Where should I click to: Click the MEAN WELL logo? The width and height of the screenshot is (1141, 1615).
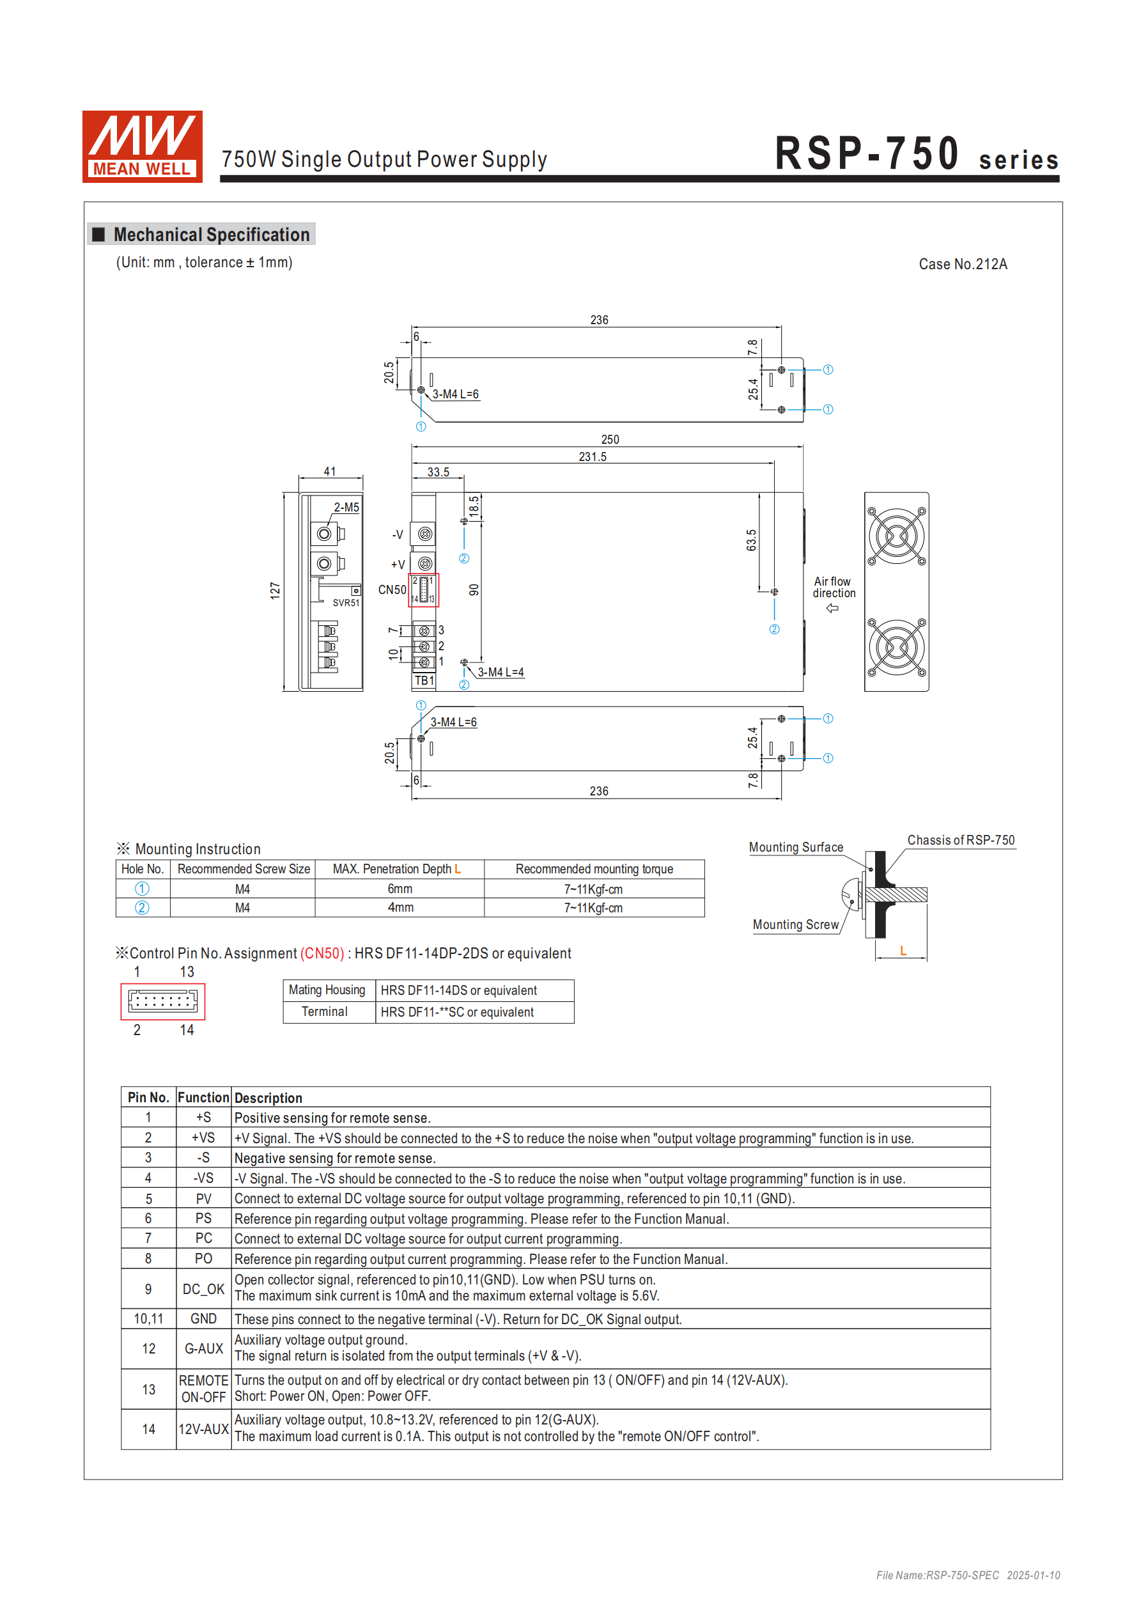[x=142, y=146]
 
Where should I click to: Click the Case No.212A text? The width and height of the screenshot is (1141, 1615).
[x=961, y=265]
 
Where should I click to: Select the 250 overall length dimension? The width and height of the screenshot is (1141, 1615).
[x=609, y=440]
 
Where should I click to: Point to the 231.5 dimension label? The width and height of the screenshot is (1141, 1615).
[x=593, y=457]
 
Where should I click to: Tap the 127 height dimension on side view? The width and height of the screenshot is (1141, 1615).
[x=275, y=590]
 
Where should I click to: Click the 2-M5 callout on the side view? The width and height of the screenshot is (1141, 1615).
[x=346, y=507]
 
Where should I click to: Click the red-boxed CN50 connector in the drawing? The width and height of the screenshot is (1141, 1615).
[x=423, y=590]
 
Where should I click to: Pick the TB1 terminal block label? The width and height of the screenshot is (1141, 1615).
[x=424, y=680]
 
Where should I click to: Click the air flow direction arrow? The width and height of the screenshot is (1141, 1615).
[x=832, y=609]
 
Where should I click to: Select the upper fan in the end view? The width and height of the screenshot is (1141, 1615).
[x=896, y=536]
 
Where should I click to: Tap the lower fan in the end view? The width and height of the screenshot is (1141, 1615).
[x=896, y=647]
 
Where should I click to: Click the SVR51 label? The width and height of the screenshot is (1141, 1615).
[x=346, y=603]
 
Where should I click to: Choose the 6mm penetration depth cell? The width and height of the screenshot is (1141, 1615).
[x=400, y=889]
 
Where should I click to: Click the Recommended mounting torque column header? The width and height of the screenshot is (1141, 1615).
[x=594, y=870]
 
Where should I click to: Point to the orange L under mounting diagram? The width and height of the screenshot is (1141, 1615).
[x=903, y=951]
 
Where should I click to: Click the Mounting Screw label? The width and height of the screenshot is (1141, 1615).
[x=795, y=925]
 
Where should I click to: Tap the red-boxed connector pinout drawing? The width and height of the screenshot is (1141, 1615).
[x=162, y=1001]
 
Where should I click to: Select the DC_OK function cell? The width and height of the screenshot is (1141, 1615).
[x=203, y=1290]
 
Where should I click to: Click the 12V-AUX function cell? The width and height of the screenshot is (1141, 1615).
[x=203, y=1430]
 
